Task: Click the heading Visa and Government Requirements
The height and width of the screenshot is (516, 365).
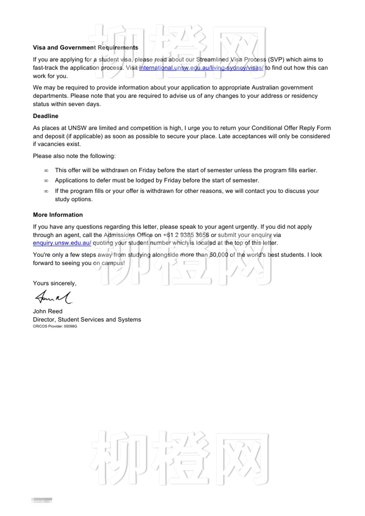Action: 86,48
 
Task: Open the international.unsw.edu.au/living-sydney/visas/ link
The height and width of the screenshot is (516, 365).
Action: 201,68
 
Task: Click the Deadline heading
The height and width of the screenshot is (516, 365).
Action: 46,116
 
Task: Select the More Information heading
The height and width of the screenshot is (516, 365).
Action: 58,215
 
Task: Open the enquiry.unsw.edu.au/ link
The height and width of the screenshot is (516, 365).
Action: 62,243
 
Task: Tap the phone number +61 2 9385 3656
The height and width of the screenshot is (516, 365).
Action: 186,235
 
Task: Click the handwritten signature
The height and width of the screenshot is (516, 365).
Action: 53,297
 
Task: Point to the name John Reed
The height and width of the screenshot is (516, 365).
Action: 48,311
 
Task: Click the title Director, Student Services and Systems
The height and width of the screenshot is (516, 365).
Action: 87,320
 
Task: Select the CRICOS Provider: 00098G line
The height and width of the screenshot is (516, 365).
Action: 55,326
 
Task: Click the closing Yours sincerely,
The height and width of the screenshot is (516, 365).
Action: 55,284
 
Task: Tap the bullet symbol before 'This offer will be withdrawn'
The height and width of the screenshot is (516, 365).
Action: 46,171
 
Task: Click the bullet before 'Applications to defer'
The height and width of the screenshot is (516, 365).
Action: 46,181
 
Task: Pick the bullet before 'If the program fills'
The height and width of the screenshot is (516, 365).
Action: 46,191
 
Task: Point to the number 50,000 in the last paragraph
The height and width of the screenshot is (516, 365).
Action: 219,255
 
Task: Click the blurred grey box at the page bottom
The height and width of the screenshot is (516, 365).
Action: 42,500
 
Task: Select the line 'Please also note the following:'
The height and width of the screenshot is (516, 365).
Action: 74,156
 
